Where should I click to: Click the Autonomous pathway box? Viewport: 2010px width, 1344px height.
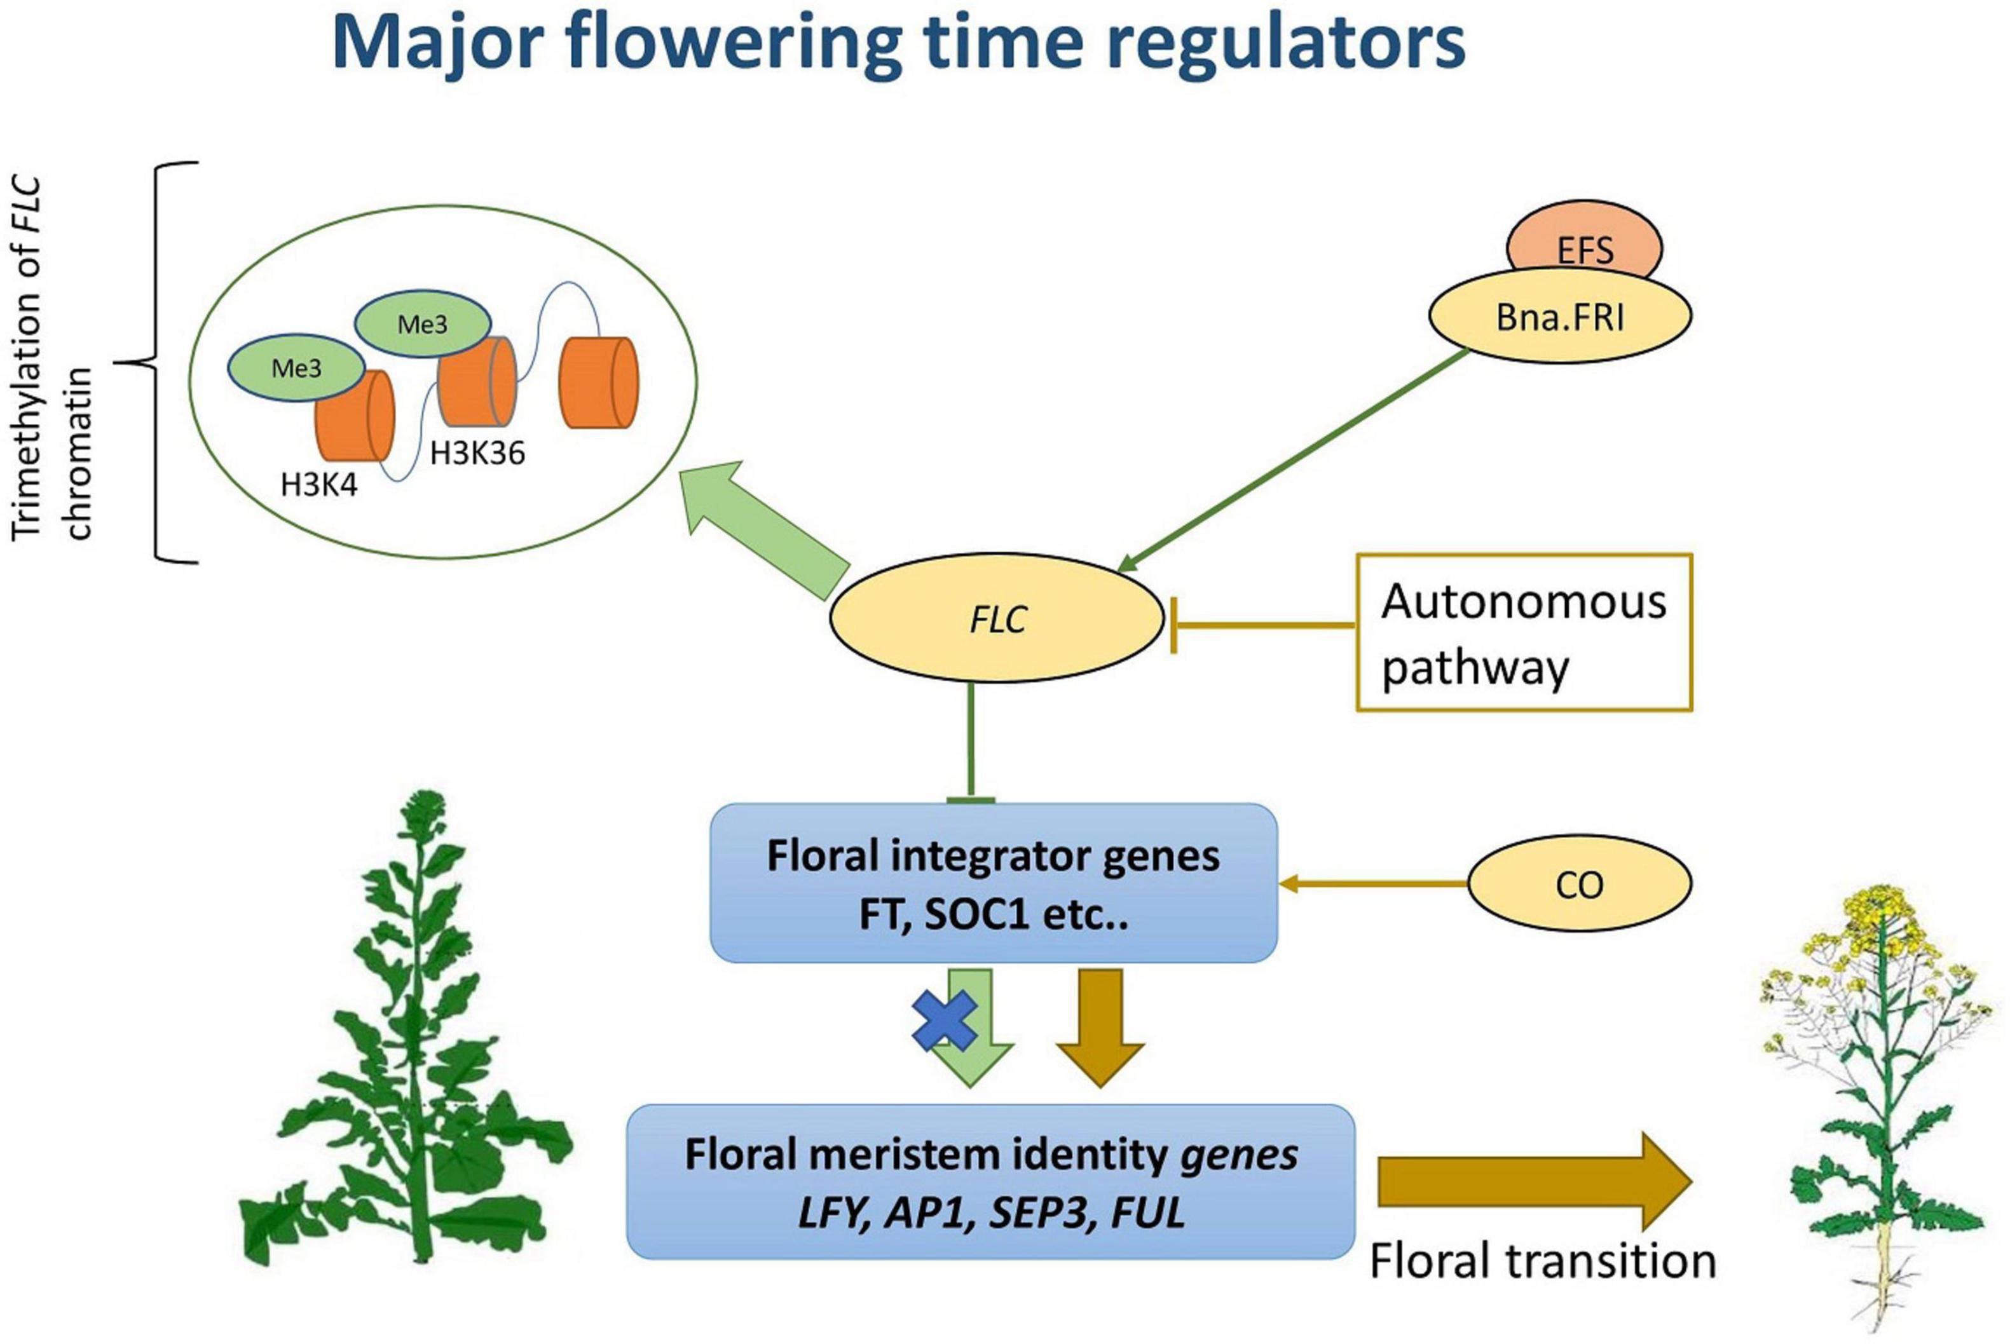pyautogui.click(x=1524, y=632)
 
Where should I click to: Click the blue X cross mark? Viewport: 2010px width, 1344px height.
pyautogui.click(x=944, y=1021)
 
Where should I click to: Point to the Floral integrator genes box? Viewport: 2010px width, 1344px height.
pyautogui.click(x=993, y=883)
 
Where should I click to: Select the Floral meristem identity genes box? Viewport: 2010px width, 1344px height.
pyautogui.click(x=990, y=1181)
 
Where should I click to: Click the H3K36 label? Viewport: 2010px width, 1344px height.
pyautogui.click(x=477, y=452)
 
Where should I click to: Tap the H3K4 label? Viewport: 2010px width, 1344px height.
pyautogui.click(x=319, y=486)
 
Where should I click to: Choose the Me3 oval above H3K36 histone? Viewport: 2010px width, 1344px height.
pyautogui.click(x=423, y=323)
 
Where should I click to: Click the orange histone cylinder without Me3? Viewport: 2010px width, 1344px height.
pyautogui.click(x=599, y=383)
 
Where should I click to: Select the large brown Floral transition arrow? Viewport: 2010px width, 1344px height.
pyautogui.click(x=1534, y=1181)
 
